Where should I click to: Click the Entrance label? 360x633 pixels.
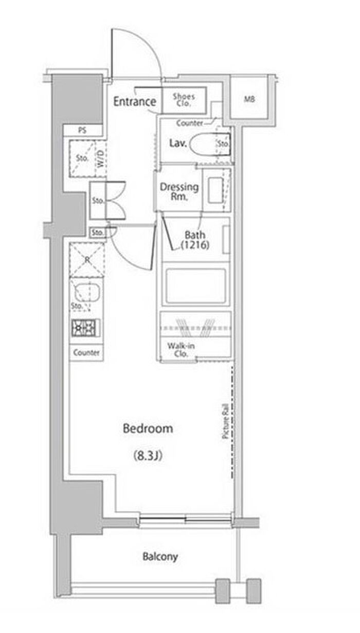coord(135,101)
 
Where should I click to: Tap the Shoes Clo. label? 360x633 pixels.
coord(184,100)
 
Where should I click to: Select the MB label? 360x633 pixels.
coord(249,99)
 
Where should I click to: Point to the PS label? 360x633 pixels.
coord(82,130)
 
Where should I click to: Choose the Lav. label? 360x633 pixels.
coord(178,143)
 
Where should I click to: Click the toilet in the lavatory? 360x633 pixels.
coord(210,144)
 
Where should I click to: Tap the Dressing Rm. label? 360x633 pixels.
coord(179,191)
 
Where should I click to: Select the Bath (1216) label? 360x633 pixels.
coord(195,240)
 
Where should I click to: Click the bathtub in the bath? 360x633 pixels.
coord(195,286)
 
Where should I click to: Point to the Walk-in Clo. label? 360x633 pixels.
coord(181,349)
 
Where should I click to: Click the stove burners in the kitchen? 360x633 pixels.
coord(85,327)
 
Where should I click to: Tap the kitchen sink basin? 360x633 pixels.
coord(86,292)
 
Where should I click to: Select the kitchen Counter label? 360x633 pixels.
coord(86,353)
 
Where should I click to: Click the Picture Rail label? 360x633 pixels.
coord(225,421)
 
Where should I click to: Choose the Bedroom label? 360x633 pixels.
coord(148,428)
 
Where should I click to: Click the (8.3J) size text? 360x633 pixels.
coord(148,455)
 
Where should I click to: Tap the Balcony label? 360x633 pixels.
coord(160,557)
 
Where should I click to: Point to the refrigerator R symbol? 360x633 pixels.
coord(87,259)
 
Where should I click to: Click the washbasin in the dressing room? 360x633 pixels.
coord(216,190)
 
